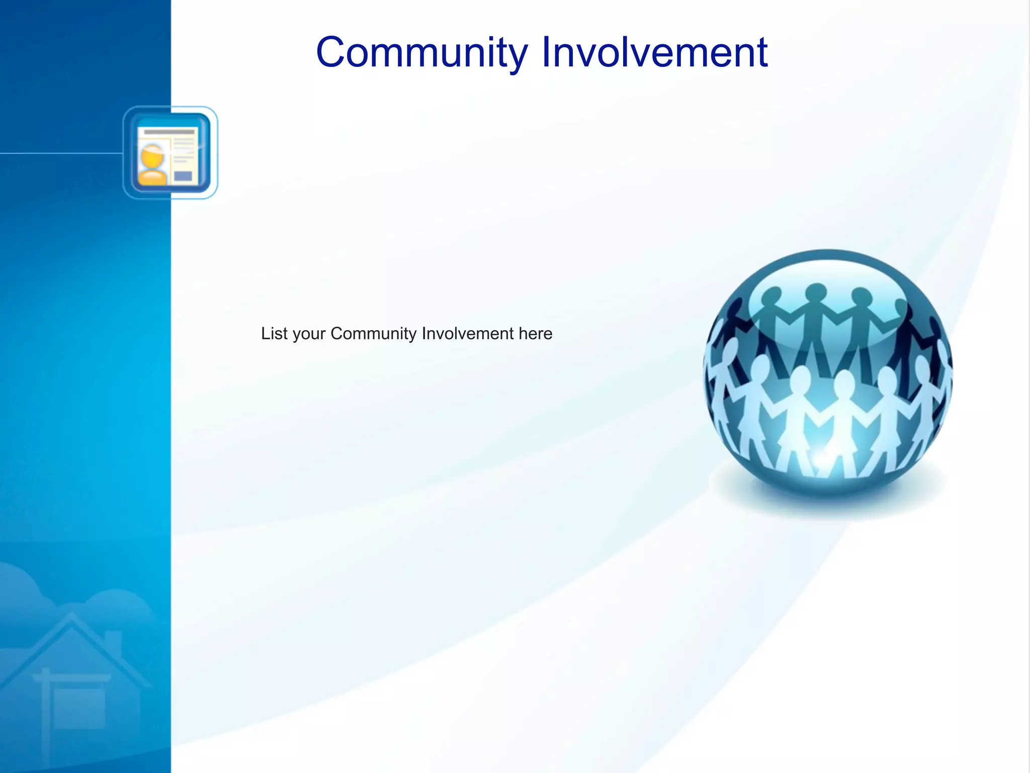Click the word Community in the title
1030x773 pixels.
coord(422,52)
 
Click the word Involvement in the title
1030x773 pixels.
coord(654,52)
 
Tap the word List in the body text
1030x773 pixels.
coord(274,334)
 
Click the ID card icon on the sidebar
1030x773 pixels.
coord(170,152)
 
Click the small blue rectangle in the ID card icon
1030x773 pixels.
coord(183,176)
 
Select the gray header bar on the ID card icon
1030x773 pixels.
coord(169,132)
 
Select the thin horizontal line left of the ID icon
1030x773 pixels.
coord(60,152)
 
